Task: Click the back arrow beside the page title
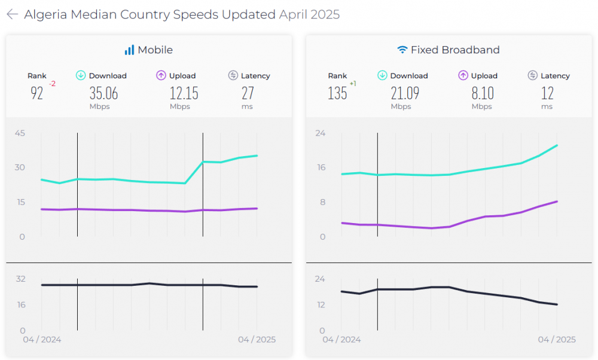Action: tap(12, 14)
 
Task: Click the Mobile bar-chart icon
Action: tap(129, 50)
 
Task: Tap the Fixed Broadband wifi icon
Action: tap(402, 50)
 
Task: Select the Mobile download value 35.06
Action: tap(103, 93)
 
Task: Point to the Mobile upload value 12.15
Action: tap(183, 93)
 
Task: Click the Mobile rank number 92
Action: tap(37, 93)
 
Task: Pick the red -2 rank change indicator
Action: tap(52, 84)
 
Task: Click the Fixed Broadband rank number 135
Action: tap(337, 93)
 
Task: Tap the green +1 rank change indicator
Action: tap(353, 84)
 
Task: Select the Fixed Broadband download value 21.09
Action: tap(405, 93)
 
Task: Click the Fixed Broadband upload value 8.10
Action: tap(482, 93)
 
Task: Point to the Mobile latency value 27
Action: tap(248, 93)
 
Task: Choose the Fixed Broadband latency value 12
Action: tap(547, 93)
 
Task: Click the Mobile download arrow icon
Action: tap(81, 75)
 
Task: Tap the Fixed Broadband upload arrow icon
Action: tap(463, 75)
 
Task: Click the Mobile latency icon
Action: tap(233, 75)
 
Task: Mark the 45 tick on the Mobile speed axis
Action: tap(20, 133)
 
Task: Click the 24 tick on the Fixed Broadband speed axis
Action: tap(320, 133)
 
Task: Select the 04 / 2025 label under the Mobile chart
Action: tap(257, 340)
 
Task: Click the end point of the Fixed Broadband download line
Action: tap(557, 145)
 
